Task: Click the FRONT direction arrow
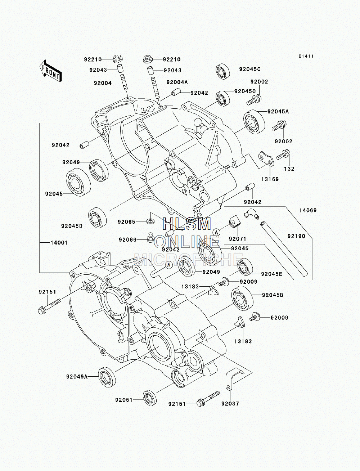click(50, 71)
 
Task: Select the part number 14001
click(59, 243)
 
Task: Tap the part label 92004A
click(177, 82)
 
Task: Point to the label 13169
click(270, 179)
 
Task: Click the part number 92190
click(296, 236)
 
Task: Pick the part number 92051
click(124, 400)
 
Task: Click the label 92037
click(230, 404)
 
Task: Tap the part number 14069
click(308, 210)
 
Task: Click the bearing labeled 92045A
click(254, 122)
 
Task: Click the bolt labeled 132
click(283, 155)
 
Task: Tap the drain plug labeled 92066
click(150, 237)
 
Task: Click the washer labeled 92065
click(151, 220)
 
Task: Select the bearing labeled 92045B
click(242, 299)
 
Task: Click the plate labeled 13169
click(266, 158)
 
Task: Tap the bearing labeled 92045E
click(245, 267)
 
